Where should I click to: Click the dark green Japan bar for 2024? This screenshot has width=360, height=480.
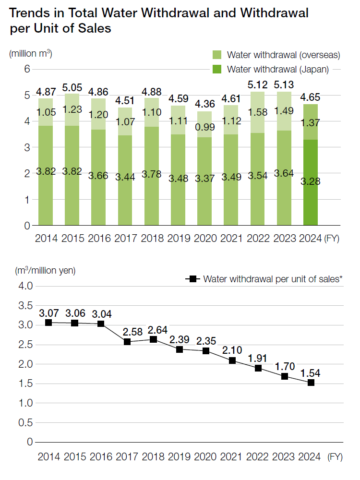[x=311, y=182]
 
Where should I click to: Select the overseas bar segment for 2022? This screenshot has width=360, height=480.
[x=258, y=112]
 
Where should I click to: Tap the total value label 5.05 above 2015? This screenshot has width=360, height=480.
[x=72, y=88]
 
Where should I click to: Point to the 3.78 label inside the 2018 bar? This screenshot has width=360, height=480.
[x=151, y=173]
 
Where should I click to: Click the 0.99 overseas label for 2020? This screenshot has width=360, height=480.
[x=205, y=127]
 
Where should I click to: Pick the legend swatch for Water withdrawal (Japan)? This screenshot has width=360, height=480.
[x=216, y=69]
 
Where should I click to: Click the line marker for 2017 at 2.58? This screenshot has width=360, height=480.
[x=127, y=342]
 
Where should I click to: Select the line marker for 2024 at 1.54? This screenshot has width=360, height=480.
[x=311, y=383]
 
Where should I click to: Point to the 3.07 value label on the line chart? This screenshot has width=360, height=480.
[x=48, y=313]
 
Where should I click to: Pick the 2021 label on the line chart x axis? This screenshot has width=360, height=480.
[x=232, y=456]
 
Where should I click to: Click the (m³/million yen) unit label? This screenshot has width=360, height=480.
[x=45, y=270]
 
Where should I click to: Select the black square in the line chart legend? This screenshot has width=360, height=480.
[x=193, y=279]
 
